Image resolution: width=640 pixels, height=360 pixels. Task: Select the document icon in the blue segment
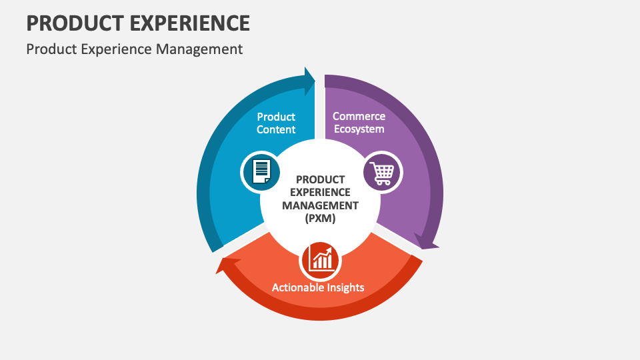[x=260, y=172]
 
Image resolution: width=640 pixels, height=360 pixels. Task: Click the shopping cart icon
[x=383, y=172]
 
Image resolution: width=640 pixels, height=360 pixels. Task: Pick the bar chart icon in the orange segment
[x=321, y=260]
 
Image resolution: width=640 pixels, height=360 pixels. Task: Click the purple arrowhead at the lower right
[x=425, y=241]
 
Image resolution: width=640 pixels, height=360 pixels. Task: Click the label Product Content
[x=276, y=123]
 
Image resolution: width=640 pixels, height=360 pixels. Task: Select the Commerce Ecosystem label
[x=359, y=123]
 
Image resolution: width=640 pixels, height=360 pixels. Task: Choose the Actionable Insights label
[x=318, y=287]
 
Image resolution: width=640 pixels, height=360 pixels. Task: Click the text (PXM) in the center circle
[x=320, y=218]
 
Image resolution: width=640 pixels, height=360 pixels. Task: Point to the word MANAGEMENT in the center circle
[x=320, y=205]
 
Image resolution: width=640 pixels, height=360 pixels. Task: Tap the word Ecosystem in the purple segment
[x=359, y=129]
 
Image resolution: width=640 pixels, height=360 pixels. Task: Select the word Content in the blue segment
[x=276, y=129]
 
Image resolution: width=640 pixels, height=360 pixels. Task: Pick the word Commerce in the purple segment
[x=359, y=116]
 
